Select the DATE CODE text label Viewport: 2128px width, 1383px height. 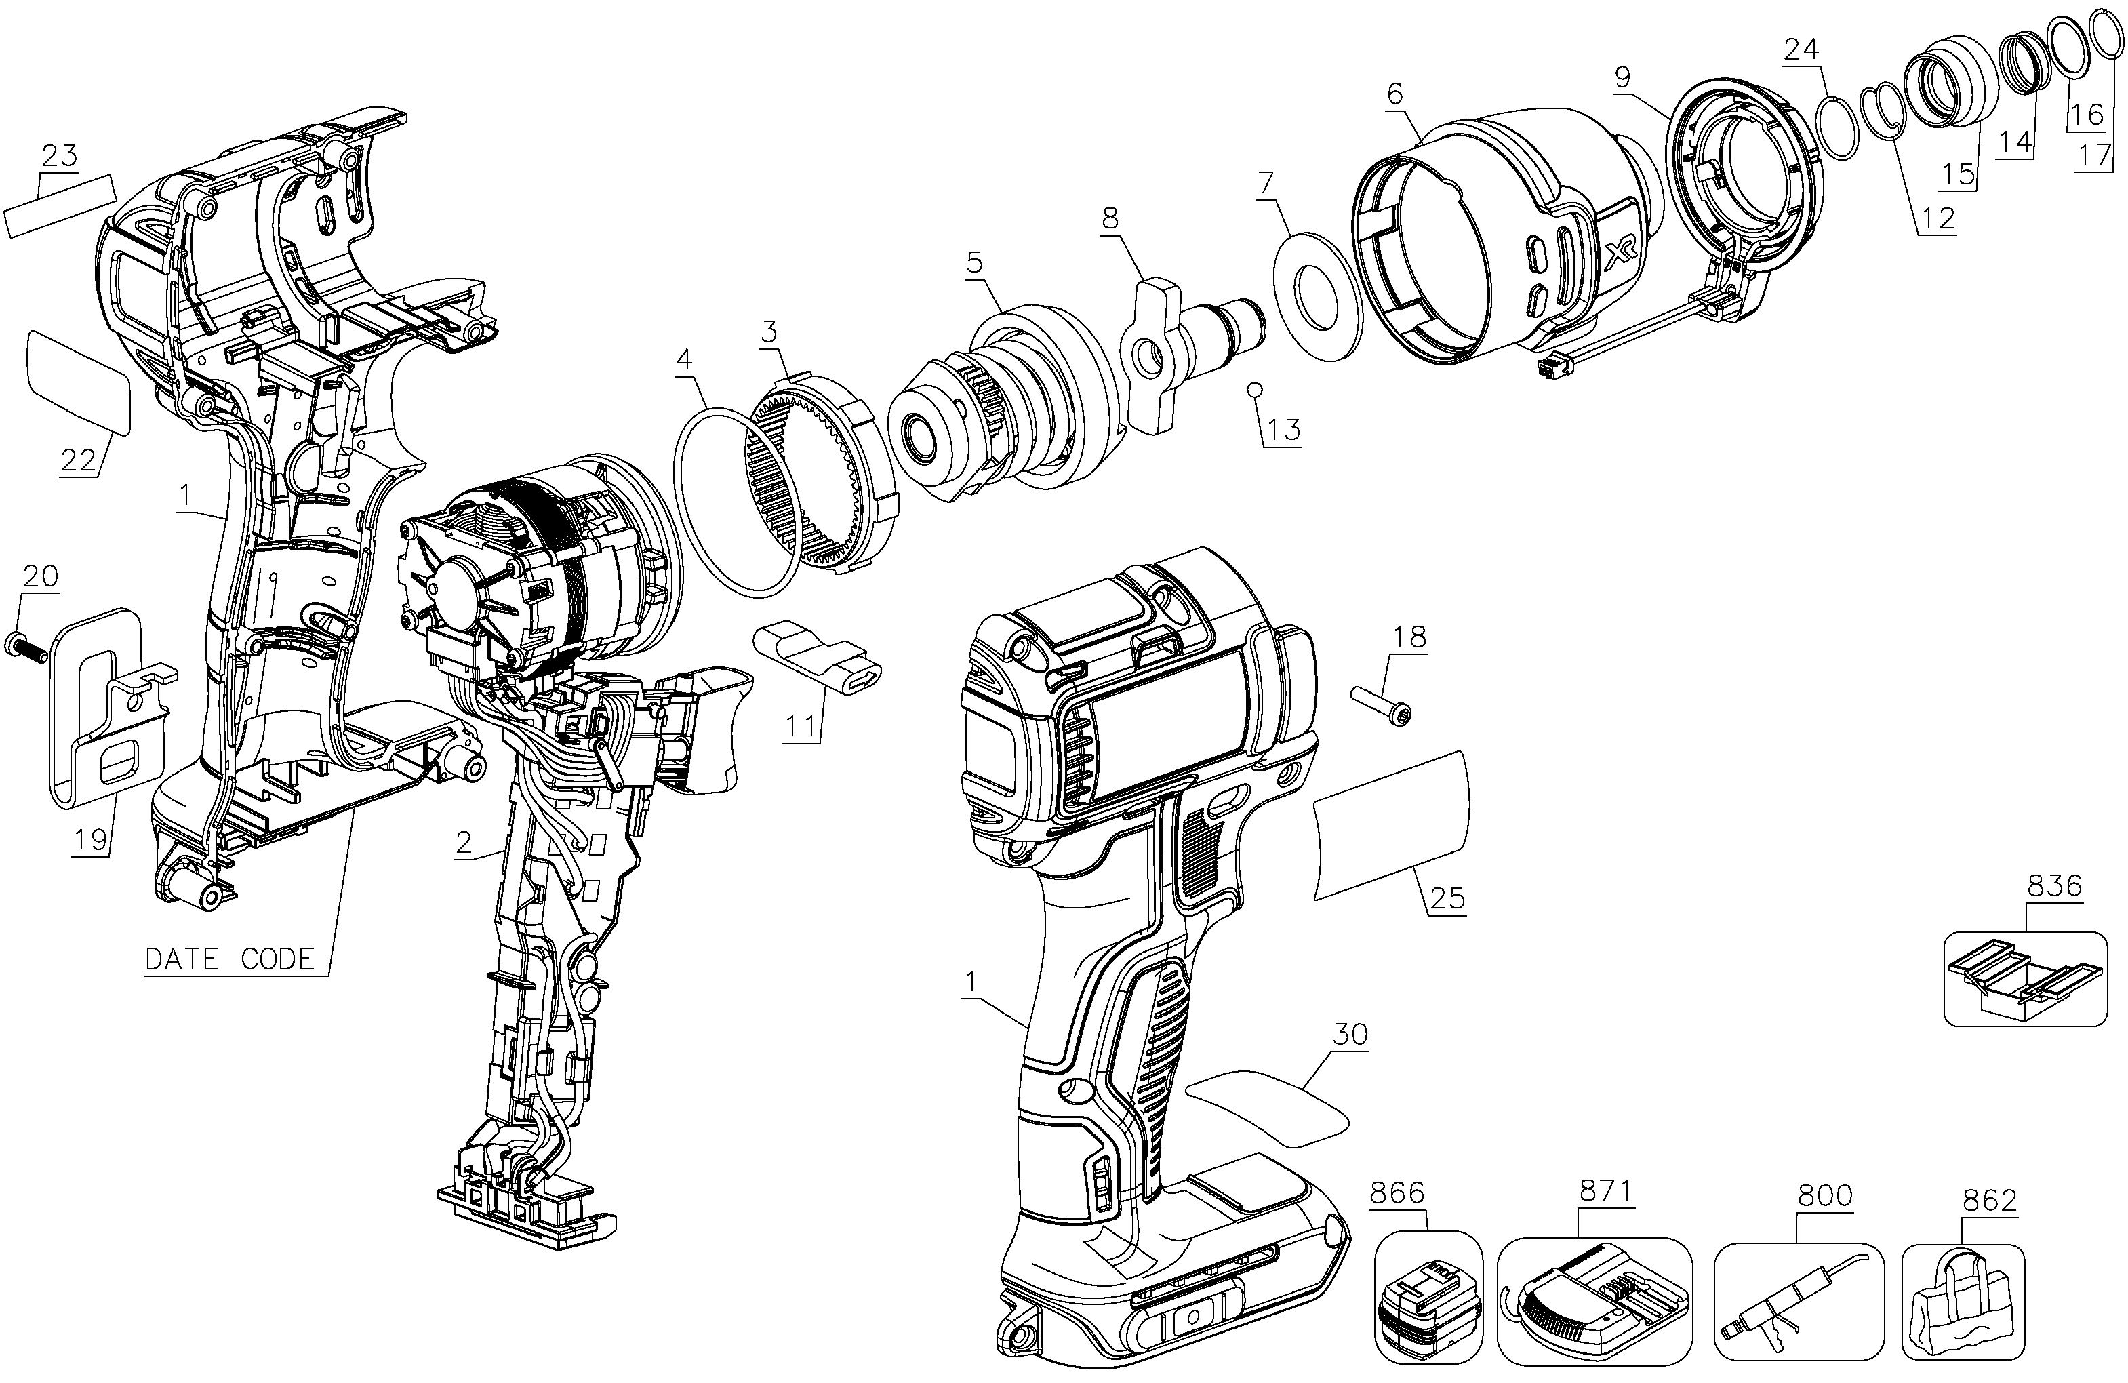click(x=230, y=959)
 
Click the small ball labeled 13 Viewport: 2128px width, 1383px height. click(x=1254, y=389)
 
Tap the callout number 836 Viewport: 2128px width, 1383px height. click(x=2054, y=886)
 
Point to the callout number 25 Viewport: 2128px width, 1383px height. click(x=1447, y=898)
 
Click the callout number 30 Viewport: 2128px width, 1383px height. click(x=1350, y=1035)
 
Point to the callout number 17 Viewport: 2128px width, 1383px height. click(x=2094, y=157)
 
